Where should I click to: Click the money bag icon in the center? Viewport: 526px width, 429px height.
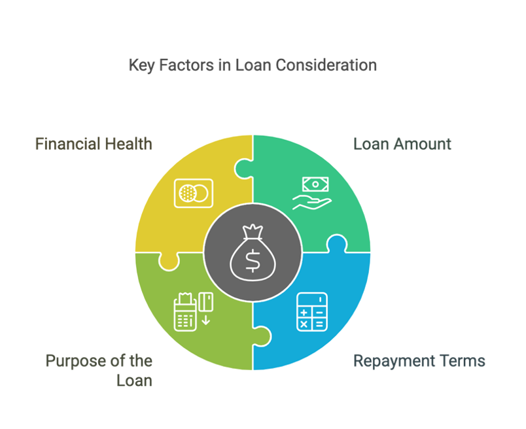253,253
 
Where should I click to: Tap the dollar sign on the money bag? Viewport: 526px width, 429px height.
253,261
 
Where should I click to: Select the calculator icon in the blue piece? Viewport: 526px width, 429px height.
312,312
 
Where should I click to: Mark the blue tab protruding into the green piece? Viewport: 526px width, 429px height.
262,336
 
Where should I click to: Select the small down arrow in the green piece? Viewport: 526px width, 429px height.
205,320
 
